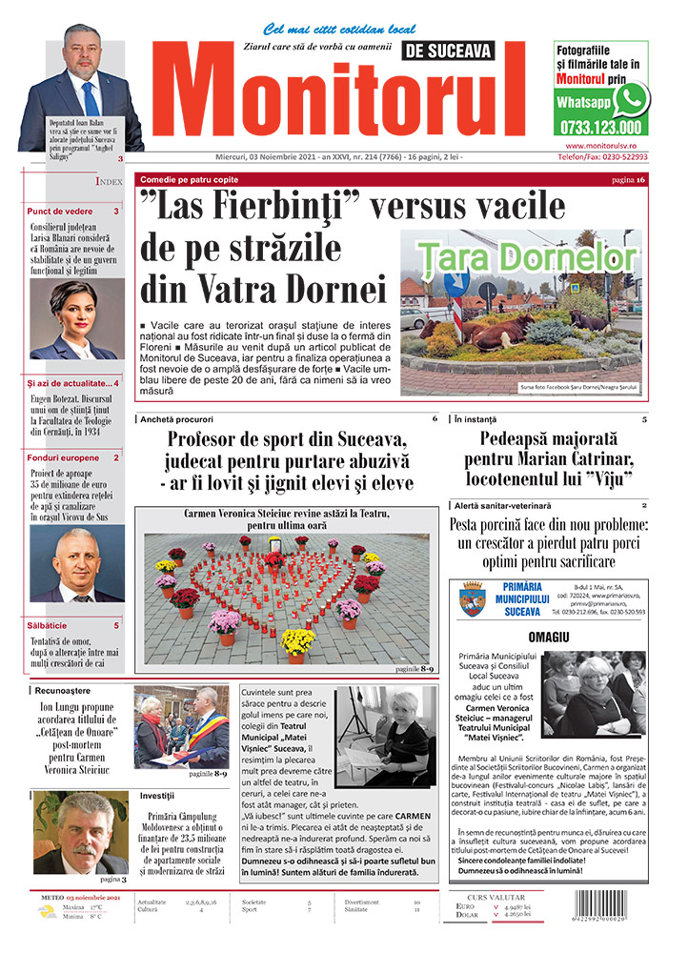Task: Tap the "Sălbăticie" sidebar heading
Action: click(49, 625)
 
